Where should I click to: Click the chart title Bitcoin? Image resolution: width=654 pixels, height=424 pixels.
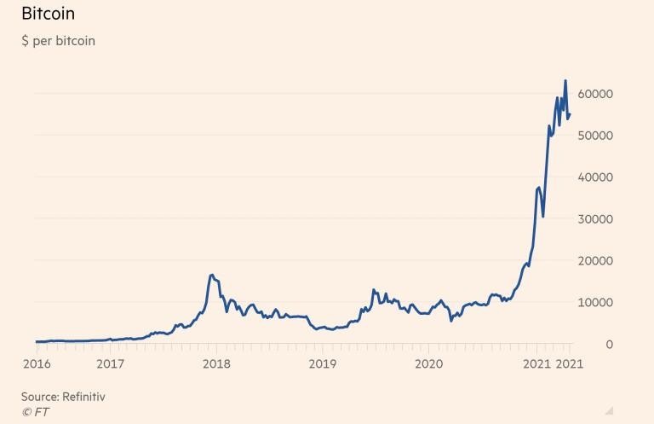[x=48, y=15]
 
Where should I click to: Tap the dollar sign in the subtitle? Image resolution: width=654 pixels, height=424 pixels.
[x=25, y=41]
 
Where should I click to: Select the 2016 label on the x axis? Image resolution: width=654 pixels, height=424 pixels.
[x=37, y=364]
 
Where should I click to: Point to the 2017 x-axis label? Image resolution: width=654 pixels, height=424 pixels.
[x=110, y=364]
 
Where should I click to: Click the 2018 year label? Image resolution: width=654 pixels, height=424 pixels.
[x=216, y=364]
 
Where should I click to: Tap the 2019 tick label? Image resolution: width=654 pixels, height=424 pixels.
[x=323, y=364]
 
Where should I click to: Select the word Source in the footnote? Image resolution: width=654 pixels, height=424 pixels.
[x=39, y=397]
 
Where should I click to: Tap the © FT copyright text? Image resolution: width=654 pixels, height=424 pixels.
[x=35, y=411]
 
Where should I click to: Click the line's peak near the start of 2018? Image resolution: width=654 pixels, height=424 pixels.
[x=211, y=275]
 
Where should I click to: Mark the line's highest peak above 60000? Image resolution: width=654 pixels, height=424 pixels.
[x=565, y=81]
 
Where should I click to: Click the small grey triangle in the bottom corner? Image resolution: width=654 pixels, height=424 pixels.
[x=609, y=410]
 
